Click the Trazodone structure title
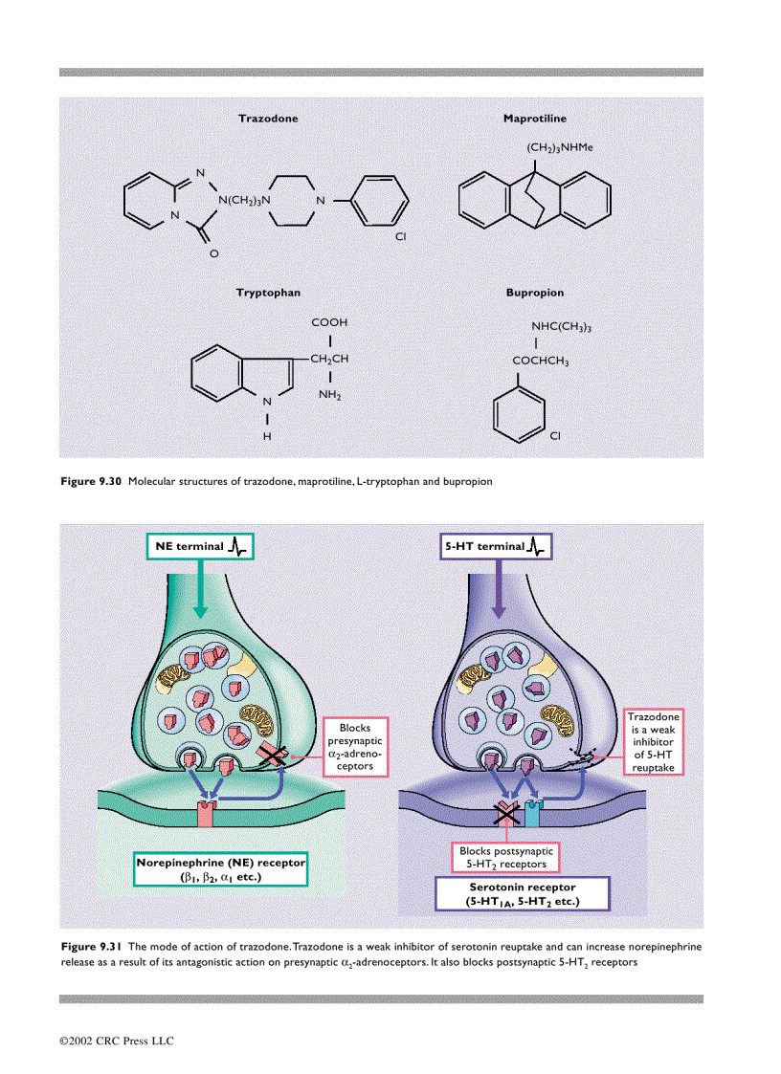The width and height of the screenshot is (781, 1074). click(267, 119)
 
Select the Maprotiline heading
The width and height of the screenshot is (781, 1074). click(534, 119)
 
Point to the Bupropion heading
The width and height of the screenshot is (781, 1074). click(534, 293)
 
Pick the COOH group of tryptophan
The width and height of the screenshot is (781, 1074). click(329, 323)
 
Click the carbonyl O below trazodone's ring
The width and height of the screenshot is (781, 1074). click(213, 253)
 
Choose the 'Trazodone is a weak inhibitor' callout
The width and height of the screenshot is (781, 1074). click(654, 741)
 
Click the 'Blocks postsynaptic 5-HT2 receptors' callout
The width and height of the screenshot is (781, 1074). click(503, 857)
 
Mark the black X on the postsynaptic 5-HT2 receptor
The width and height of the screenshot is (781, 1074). click(504, 814)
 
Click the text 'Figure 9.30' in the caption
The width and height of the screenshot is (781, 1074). click(91, 482)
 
